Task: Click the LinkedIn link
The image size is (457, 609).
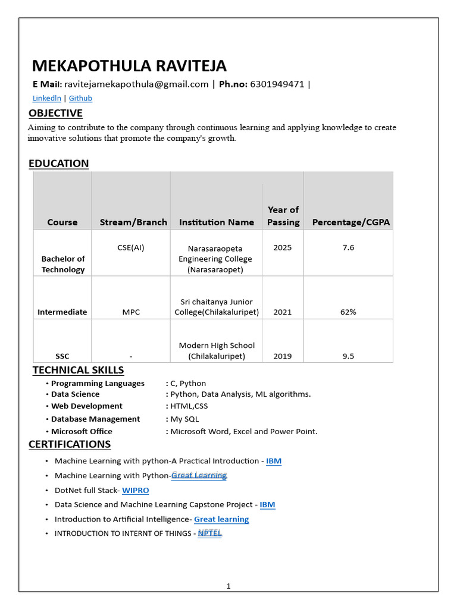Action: (46, 98)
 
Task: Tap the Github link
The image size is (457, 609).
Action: (80, 98)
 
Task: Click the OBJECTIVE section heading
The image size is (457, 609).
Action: (55, 113)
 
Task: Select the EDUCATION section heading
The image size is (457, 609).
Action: (58, 163)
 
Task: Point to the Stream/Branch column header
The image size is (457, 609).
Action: (133, 222)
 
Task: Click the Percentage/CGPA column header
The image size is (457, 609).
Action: (350, 222)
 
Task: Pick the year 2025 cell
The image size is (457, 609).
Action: (282, 247)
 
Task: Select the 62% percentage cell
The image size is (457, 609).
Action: (348, 312)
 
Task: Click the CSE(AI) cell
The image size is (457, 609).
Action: (130, 247)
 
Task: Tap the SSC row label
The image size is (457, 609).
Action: (62, 356)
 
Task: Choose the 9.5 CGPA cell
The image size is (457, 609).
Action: (348, 356)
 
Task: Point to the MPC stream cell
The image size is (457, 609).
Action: (130, 312)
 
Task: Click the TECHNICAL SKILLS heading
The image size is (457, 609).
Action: (78, 370)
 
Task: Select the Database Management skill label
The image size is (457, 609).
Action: (95, 419)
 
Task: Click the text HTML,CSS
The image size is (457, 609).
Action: (189, 406)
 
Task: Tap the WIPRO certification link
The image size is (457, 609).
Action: (135, 490)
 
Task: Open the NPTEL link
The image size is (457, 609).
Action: (209, 533)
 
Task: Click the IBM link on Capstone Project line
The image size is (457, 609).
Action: (267, 504)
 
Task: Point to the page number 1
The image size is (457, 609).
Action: (228, 586)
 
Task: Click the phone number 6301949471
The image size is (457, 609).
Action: (277, 84)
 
